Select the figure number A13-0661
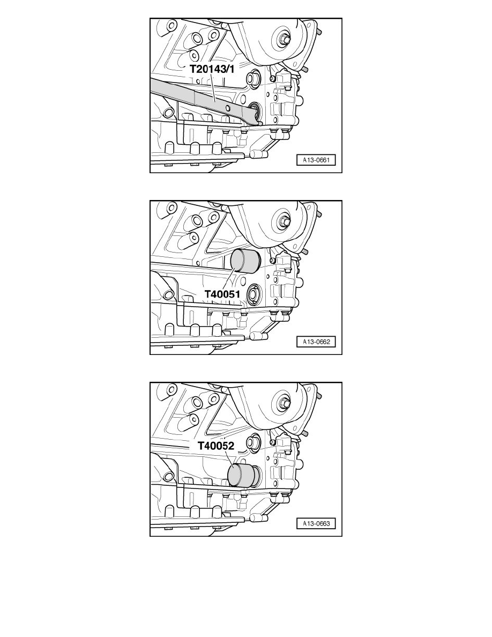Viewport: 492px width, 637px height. [316, 160]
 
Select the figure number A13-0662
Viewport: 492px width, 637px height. [316, 342]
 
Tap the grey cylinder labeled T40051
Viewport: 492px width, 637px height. [244, 261]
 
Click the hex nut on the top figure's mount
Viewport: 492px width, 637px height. [282, 39]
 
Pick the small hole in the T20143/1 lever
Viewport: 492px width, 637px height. [228, 108]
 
